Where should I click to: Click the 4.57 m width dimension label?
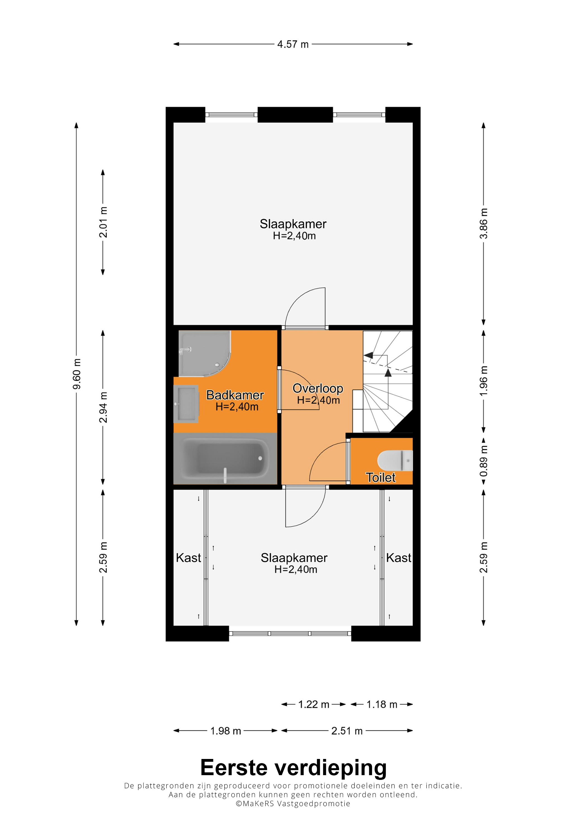coord(293,44)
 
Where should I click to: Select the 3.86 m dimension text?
coord(484,224)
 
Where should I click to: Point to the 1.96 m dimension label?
coord(484,381)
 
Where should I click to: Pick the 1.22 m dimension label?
coord(313,705)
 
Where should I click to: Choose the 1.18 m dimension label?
coord(382,705)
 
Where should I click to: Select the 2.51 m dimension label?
coord(347,731)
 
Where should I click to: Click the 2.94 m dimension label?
coord(103,407)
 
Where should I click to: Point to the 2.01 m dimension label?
coord(103,222)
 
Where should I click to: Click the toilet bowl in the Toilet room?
coord(395,460)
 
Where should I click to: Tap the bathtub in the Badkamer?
coord(225,458)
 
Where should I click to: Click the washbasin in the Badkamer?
coord(186,404)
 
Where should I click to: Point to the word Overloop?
coord(318,388)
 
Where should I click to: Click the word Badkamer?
coord(235,395)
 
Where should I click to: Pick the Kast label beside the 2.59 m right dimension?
coord(398,558)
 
